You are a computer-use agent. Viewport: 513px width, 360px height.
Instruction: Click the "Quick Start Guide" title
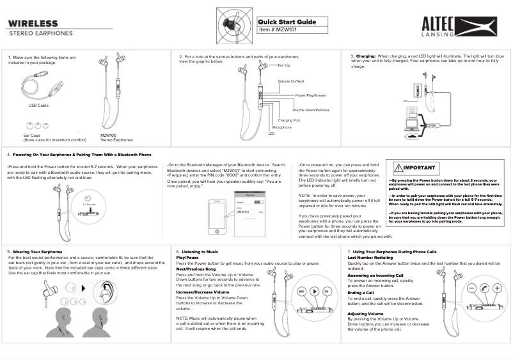tap(287, 22)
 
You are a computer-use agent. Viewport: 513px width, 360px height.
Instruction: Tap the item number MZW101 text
tap(280, 29)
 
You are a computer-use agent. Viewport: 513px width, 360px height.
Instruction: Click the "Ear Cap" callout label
tap(284, 65)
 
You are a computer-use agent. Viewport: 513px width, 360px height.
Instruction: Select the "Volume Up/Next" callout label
tap(291, 81)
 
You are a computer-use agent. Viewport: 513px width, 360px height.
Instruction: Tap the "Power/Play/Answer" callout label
tap(311, 95)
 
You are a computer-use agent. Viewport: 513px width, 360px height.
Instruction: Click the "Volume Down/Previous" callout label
tap(311, 110)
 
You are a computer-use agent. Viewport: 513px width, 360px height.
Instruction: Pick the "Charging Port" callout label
tap(289, 120)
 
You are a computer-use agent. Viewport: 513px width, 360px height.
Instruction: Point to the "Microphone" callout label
tap(282, 127)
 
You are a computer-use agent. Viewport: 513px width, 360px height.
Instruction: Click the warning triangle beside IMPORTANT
tap(398, 168)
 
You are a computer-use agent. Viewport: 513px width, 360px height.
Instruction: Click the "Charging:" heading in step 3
tap(366, 56)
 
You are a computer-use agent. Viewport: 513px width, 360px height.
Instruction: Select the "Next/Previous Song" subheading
tap(196, 269)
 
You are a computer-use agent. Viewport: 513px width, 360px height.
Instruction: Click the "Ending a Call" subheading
tap(361, 292)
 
